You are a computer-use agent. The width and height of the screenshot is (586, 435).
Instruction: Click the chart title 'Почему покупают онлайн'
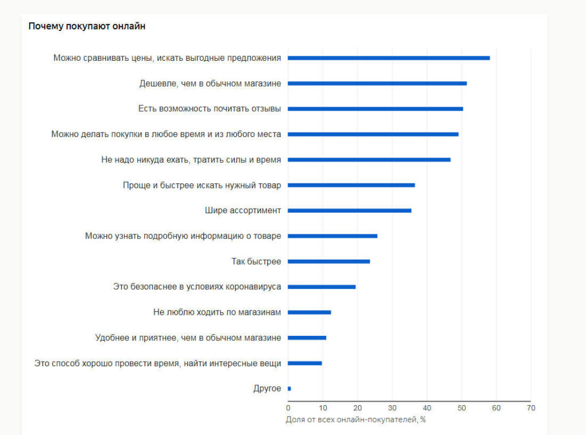[87, 26]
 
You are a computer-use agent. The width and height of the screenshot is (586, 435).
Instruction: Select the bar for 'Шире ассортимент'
[349, 210]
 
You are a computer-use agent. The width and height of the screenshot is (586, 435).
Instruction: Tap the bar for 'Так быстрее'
[328, 261]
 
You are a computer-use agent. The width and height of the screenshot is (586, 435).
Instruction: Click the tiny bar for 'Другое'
[289, 389]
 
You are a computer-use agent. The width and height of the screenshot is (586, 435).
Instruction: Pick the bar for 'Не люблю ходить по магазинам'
[309, 312]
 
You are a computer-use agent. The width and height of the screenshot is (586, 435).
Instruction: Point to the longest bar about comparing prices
[389, 58]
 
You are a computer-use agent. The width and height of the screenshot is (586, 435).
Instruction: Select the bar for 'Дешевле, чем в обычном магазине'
[377, 84]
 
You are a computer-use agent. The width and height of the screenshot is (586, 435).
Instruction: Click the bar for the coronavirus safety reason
[322, 287]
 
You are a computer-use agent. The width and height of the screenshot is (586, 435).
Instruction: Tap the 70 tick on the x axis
[531, 408]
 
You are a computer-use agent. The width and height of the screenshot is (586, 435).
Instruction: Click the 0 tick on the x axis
[288, 408]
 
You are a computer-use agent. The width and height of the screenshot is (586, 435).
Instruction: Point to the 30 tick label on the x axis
[392, 408]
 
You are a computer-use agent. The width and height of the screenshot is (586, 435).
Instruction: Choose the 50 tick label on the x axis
[461, 408]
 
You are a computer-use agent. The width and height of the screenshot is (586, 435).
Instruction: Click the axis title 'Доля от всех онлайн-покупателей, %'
[355, 420]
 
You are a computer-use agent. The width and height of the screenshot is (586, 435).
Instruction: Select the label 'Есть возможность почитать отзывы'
[209, 109]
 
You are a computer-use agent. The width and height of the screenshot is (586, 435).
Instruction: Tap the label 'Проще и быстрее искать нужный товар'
[201, 185]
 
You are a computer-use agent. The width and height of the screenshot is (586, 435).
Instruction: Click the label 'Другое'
[267, 389]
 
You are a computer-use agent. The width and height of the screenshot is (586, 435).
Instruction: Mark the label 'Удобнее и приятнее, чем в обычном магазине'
[188, 338]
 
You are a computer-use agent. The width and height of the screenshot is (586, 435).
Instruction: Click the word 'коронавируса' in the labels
[255, 287]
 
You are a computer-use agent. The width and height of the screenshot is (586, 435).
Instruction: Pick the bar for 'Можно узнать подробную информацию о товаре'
[332, 236]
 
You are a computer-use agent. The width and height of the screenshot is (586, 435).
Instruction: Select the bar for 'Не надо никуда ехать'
[369, 159]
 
